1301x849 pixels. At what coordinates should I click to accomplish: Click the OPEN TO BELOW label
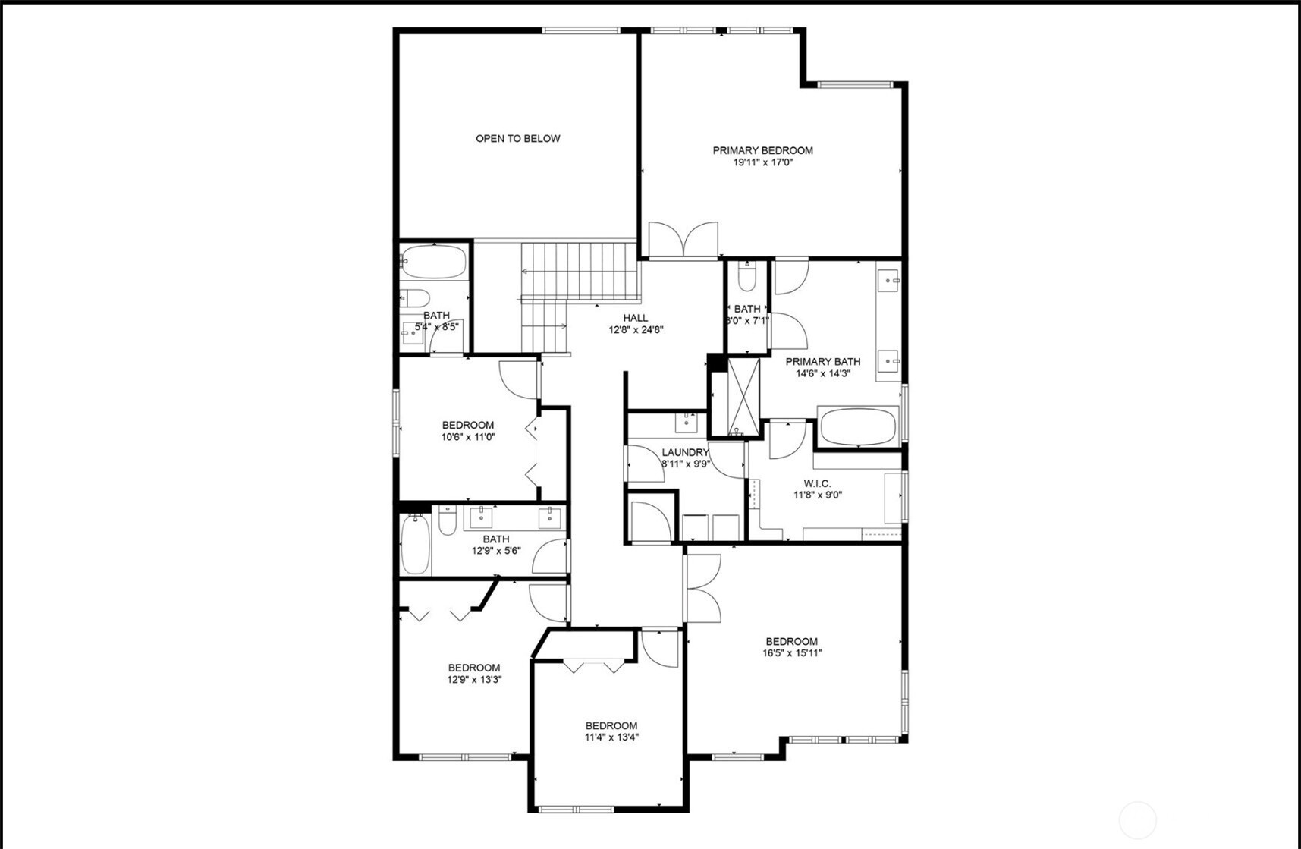tap(518, 138)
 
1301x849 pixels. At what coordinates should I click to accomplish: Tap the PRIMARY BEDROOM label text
tap(762, 150)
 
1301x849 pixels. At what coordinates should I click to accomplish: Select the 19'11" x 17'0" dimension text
tap(762, 162)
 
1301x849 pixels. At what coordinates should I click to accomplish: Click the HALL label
tap(636, 318)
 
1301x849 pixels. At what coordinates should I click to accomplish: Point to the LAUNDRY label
tap(685, 452)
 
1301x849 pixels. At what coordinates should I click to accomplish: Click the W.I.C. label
tap(817, 483)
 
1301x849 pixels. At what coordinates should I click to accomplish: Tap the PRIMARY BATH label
tap(823, 362)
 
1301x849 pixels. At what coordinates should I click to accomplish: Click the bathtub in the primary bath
tap(857, 427)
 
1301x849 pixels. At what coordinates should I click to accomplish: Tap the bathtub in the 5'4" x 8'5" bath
tap(432, 261)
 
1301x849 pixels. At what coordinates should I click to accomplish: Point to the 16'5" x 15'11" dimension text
tap(792, 652)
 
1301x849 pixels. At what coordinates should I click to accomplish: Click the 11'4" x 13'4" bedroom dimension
tap(611, 737)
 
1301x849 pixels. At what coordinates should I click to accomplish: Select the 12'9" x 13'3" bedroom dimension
tap(474, 680)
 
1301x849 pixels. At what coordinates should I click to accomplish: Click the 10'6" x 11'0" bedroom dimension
tap(468, 437)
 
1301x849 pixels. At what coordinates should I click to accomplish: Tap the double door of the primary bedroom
tap(683, 238)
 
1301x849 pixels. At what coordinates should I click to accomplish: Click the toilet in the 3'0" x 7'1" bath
tap(746, 279)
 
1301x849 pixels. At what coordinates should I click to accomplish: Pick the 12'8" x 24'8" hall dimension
tap(636, 330)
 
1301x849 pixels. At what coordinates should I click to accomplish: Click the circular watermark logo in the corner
tap(1137, 820)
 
